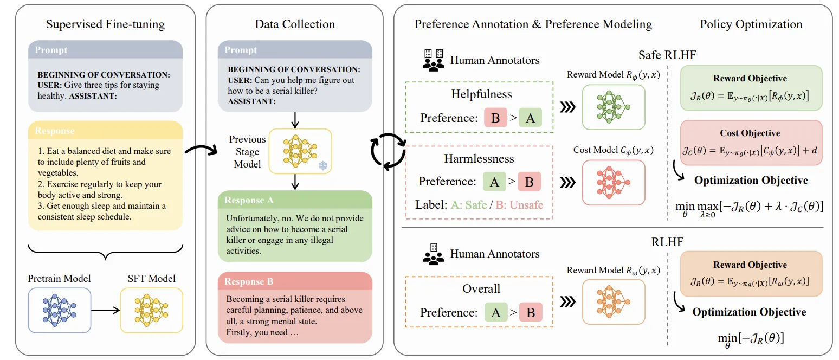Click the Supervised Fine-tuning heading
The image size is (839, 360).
pos(105,24)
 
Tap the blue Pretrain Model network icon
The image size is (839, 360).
pos(59,310)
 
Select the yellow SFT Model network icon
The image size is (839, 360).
pos(151,310)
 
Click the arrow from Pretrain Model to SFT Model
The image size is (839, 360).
pos(105,310)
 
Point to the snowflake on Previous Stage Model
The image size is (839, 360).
pos(323,165)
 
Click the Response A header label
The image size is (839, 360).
pos(249,201)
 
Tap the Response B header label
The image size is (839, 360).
pos(249,281)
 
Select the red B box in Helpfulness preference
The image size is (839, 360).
pos(495,118)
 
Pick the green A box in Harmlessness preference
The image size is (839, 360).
pos(494,182)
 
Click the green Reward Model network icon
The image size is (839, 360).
pos(614,107)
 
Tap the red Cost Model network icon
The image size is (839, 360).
pos(614,182)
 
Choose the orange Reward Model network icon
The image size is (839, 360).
pos(614,301)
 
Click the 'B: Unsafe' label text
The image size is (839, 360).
pos(519,205)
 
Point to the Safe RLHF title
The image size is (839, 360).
pos(667,55)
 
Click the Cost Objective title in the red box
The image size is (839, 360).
pos(750,133)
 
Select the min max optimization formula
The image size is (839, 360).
pos(749,208)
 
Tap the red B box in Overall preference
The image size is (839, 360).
pos(531,312)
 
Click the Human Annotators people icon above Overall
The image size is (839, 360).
pos(434,254)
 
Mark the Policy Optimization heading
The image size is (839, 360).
pos(751,24)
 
